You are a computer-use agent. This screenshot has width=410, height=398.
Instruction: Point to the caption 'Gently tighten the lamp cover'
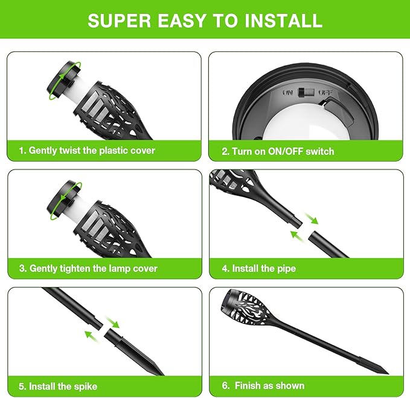tap(93, 268)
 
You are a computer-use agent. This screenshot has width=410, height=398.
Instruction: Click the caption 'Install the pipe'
tap(264, 268)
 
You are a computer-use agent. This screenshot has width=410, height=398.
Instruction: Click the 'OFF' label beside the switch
tap(325, 93)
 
